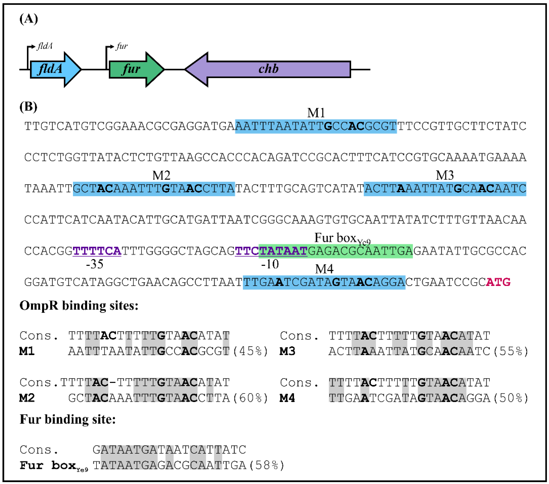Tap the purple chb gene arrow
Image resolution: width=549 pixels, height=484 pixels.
(x=269, y=69)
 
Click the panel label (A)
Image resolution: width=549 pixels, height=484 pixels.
(x=28, y=19)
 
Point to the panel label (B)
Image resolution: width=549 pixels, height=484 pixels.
(x=28, y=107)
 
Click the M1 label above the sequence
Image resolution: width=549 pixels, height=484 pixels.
(x=316, y=113)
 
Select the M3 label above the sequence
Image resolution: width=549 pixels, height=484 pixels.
(x=445, y=176)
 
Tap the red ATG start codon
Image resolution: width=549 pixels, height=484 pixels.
(x=498, y=282)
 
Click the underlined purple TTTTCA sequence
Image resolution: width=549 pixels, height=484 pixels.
(x=97, y=251)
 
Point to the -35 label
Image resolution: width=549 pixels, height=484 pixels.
(x=94, y=264)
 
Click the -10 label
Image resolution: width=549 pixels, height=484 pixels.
(x=270, y=264)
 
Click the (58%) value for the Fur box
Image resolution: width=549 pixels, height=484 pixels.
(x=267, y=465)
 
